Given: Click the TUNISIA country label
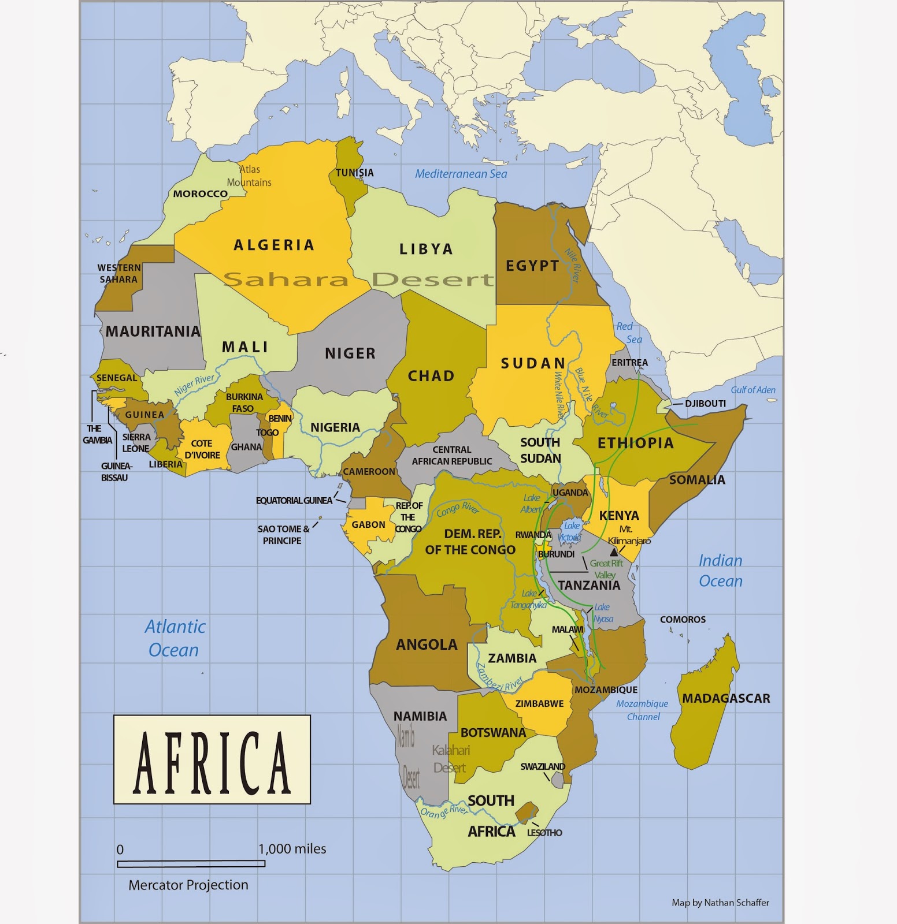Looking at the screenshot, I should (355, 173).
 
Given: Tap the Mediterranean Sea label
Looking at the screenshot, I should (461, 174).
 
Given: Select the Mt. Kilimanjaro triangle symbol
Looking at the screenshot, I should (614, 552).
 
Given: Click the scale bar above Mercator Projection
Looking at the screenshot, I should (191, 864).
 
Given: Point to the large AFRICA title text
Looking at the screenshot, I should (212, 760).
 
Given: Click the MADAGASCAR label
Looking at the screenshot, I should (726, 698).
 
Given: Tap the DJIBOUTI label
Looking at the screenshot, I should (705, 404).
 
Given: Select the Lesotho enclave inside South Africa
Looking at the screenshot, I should (527, 811).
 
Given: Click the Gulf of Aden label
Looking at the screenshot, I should (753, 390).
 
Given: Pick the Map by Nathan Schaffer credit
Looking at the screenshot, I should (720, 903).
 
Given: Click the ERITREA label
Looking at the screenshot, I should (629, 363).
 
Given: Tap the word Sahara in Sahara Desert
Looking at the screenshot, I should (286, 280).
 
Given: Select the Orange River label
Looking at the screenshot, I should (444, 812).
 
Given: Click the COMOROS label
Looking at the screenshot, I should (683, 620).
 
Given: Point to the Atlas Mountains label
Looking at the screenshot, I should (250, 176).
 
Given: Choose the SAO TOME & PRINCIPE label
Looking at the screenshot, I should (282, 535).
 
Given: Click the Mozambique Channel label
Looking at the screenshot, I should (642, 710).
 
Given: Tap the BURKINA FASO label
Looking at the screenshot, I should (244, 403).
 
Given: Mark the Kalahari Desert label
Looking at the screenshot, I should (451, 759).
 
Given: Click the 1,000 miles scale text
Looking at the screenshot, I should (292, 849).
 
